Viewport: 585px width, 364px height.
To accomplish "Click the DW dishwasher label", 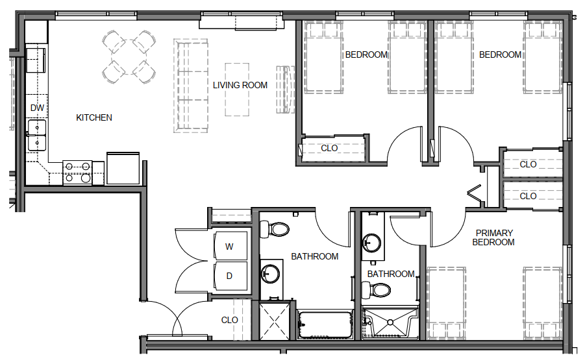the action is [37, 108].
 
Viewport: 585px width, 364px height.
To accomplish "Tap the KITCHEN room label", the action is [94, 118].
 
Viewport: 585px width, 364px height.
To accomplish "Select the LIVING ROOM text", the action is [240, 86].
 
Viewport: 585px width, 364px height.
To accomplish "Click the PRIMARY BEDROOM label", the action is [493, 237].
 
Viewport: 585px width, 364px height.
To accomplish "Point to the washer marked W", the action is [230, 246].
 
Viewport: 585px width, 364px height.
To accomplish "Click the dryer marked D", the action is [230, 276].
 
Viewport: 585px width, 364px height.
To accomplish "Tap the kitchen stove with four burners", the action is [78, 173].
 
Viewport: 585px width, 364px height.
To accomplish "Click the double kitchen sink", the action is [36, 135].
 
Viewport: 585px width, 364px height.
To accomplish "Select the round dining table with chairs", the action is [129, 57].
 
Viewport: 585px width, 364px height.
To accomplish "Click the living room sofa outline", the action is [191, 86].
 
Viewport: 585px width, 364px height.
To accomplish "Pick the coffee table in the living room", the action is [237, 90].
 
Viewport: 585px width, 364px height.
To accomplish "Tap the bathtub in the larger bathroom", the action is [325, 324].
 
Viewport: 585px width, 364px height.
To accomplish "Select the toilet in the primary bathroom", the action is [376, 290].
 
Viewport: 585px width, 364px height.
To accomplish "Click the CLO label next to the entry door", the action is [229, 321].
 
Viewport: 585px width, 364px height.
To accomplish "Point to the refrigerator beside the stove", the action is [123, 168].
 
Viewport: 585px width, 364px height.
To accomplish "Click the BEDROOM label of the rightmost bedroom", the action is [500, 55].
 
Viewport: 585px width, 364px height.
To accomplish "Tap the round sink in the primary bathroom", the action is [371, 243].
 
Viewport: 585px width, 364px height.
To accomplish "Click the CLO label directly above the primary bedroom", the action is [528, 196].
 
